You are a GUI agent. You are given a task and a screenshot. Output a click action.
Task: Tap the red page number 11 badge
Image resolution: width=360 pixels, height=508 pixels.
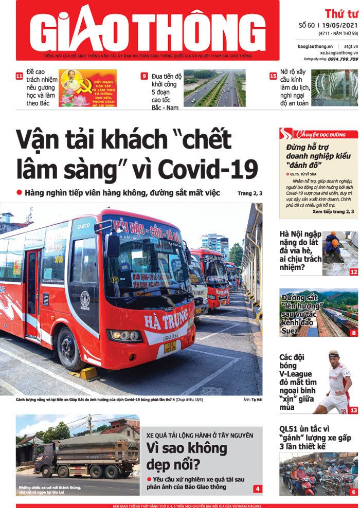click(x=20, y=77)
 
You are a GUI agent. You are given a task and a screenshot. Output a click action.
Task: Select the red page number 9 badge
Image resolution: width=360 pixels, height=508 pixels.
click(x=145, y=76)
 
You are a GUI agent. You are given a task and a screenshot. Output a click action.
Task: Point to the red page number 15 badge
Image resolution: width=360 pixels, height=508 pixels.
click(x=273, y=76)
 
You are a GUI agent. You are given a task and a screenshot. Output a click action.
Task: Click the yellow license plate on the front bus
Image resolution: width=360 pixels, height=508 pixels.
click(x=170, y=345)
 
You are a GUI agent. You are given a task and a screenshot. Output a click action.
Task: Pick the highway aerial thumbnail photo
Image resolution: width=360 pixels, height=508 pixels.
click(x=214, y=88)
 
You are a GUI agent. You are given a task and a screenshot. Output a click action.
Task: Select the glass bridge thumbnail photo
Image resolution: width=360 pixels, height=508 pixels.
click(x=334, y=88)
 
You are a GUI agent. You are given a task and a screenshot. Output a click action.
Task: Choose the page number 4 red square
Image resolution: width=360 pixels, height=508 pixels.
click(x=257, y=488)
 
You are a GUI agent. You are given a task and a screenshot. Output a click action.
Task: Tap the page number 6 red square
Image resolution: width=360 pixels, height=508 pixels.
click(x=353, y=492)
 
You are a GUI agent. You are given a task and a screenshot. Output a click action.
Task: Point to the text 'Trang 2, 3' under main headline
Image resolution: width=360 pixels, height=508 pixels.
click(x=250, y=193)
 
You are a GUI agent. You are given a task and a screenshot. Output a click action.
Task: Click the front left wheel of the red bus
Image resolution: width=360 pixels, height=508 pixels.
click(x=69, y=348)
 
